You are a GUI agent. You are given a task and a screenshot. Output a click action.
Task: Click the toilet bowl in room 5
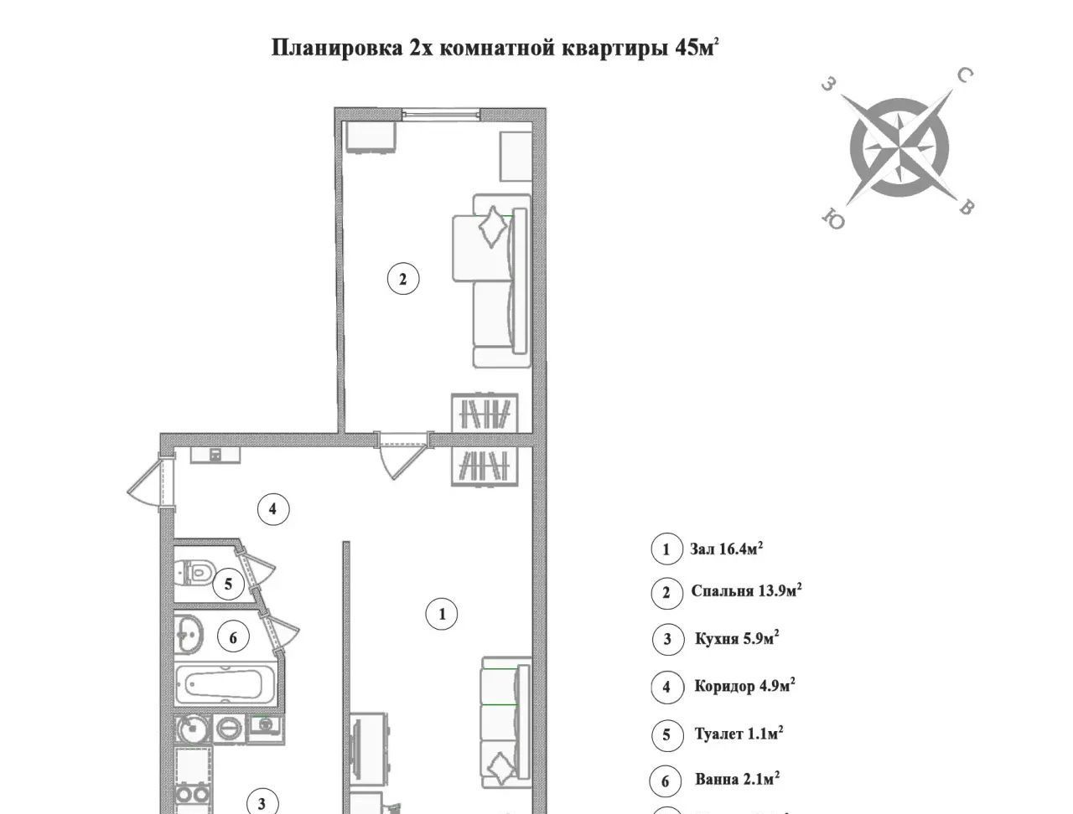(x=195, y=571)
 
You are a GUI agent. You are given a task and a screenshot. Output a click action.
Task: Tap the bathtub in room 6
(x=225, y=683)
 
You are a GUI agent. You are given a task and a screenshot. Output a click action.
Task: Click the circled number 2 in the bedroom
(x=403, y=279)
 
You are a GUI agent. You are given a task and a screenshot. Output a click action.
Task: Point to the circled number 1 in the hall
(x=442, y=614)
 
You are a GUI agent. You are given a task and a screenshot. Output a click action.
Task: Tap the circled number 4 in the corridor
(x=273, y=509)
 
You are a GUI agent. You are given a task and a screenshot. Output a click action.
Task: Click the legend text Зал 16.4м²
(x=727, y=549)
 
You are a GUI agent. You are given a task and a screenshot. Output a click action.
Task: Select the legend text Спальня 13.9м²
(x=746, y=590)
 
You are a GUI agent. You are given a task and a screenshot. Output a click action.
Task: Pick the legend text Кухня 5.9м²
(x=737, y=638)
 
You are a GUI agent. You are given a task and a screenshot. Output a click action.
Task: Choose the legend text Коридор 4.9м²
(x=745, y=686)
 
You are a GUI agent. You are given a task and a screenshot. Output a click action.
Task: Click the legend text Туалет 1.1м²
(x=739, y=733)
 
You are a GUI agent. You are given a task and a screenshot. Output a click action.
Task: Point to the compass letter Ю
(x=833, y=219)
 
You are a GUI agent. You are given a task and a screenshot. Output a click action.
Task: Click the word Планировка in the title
(x=337, y=49)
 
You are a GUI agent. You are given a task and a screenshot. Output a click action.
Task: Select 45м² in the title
(x=697, y=48)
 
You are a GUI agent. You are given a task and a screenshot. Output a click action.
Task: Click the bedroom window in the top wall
(x=442, y=114)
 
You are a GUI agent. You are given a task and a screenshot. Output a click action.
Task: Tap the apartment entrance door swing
(x=145, y=481)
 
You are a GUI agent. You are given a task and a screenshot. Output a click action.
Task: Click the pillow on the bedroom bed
(x=492, y=227)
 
